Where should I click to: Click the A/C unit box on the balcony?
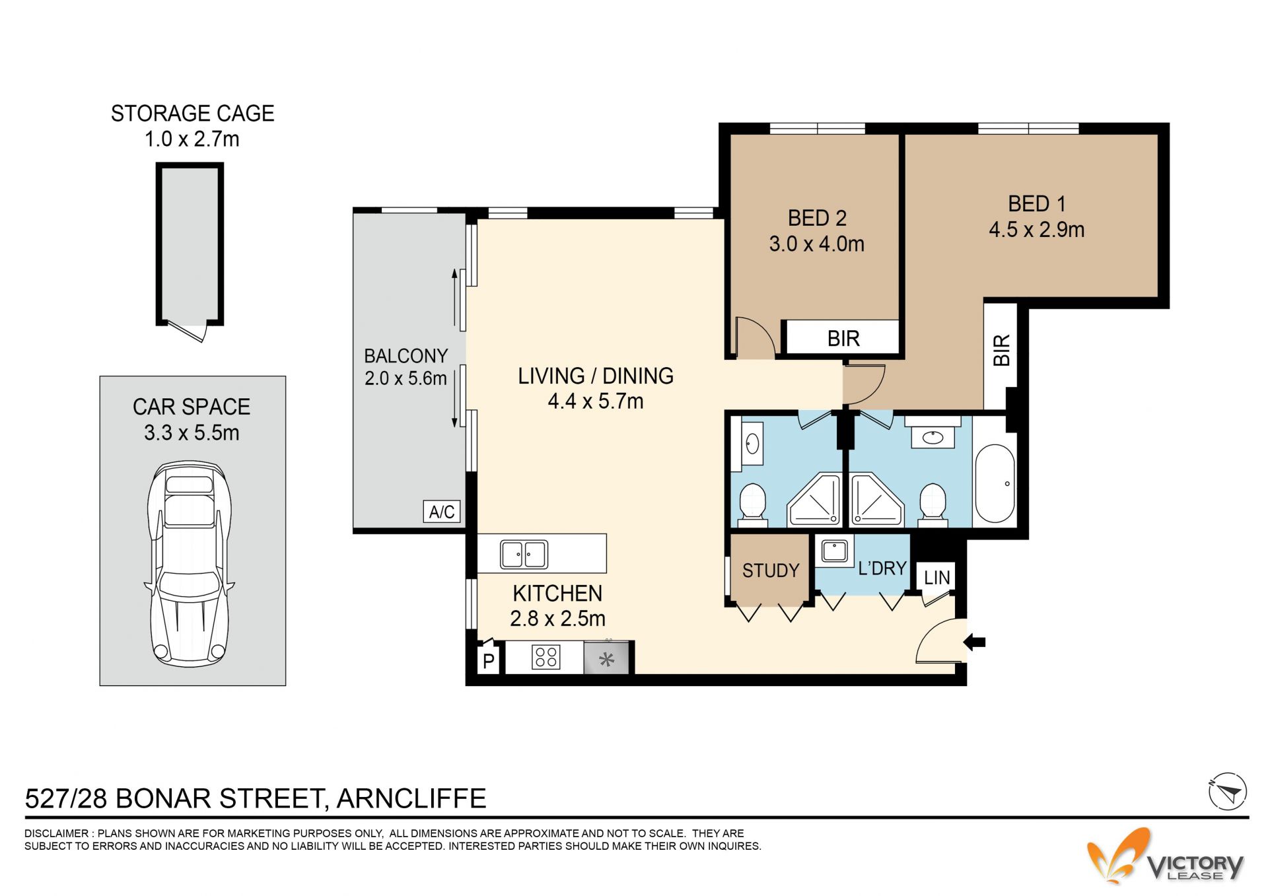(442, 512)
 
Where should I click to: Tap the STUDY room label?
(771, 570)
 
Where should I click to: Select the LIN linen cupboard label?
(936, 578)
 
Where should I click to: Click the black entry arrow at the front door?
(975, 641)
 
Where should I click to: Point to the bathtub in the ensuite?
(995, 483)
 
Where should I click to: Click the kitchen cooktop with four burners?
(546, 657)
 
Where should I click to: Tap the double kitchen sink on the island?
(524, 555)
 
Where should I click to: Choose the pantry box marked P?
(489, 660)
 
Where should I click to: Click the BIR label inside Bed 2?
(843, 339)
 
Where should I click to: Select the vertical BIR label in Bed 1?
(1001, 350)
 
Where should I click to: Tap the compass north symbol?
(1227, 791)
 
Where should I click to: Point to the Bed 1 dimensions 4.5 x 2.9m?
(1036, 230)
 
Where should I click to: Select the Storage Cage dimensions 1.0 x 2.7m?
(192, 139)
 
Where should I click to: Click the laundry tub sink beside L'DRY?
(834, 551)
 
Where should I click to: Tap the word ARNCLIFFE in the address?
(411, 798)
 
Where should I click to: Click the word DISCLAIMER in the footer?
(56, 833)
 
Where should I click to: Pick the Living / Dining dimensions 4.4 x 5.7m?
(596, 401)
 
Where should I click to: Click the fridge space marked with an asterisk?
(606, 658)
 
